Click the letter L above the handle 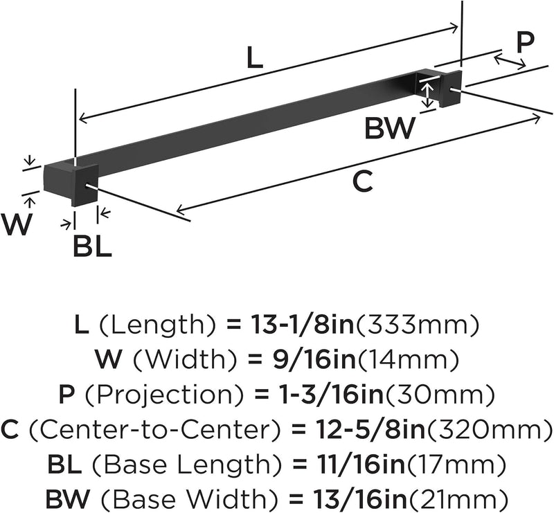click(x=255, y=57)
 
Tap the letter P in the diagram click(x=525, y=42)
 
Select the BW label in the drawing click(x=389, y=129)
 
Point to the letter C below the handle click(x=362, y=181)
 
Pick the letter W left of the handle click(x=17, y=224)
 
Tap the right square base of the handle click(x=451, y=89)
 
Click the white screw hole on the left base click(x=87, y=185)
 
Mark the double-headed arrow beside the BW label click(x=428, y=95)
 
